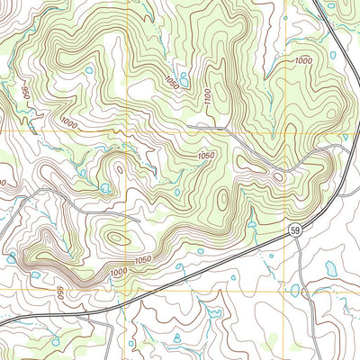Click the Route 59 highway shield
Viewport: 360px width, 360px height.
295,232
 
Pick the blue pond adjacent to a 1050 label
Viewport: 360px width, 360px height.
184,79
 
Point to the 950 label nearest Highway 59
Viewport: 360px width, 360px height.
58,293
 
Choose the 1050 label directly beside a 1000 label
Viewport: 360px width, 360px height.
141,260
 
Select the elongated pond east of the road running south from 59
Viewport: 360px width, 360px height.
331,268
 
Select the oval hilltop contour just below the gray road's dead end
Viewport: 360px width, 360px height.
118,238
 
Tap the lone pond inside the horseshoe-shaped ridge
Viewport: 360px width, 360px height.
88,69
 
